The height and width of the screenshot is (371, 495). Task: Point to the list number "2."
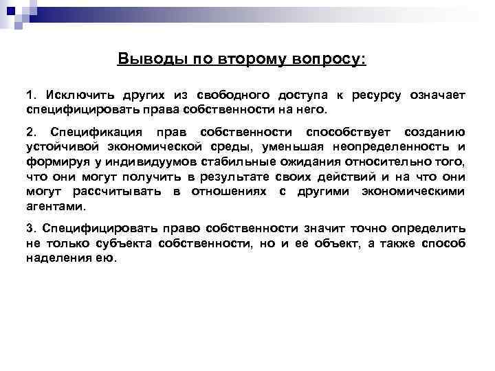(32, 132)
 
